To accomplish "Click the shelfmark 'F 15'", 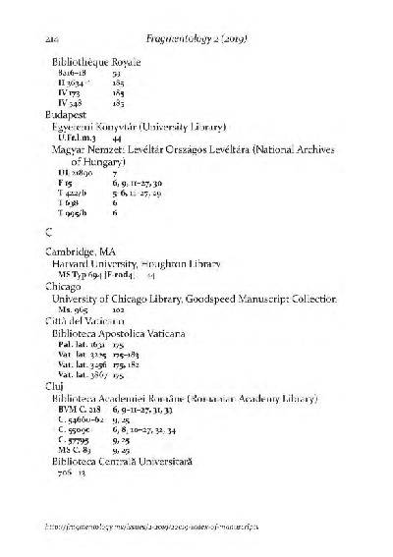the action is pos(66,184).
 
